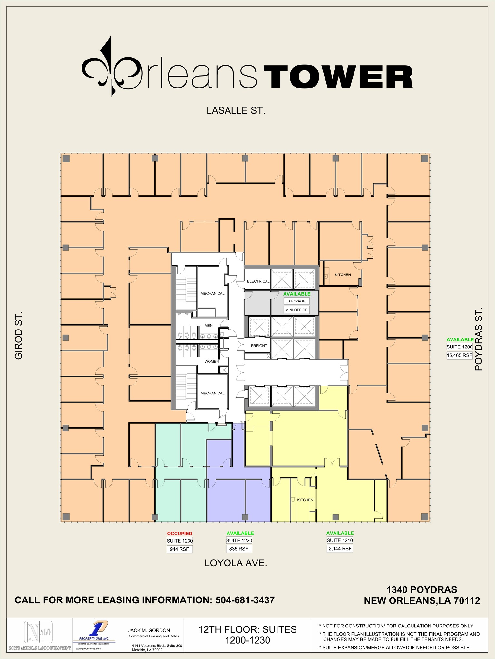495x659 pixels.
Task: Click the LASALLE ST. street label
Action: (236, 111)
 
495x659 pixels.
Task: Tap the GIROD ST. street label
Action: (19, 335)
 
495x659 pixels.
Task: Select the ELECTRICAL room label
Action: (258, 281)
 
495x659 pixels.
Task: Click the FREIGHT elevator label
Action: (259, 346)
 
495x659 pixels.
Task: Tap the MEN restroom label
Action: (209, 326)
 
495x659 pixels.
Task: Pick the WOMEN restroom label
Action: (211, 361)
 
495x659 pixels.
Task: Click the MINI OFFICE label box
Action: (296, 310)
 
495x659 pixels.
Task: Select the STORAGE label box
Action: (296, 301)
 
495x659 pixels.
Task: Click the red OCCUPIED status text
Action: (180, 534)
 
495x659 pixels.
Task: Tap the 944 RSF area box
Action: (180, 549)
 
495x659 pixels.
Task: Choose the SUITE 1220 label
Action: (239, 540)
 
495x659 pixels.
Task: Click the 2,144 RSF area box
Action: (340, 549)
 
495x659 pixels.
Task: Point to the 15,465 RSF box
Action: (459, 355)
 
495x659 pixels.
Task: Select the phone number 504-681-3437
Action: (245, 600)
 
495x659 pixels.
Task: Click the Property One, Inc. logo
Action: (94, 633)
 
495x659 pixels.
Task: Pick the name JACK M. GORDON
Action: (149, 630)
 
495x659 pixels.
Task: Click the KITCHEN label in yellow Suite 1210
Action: (305, 500)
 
